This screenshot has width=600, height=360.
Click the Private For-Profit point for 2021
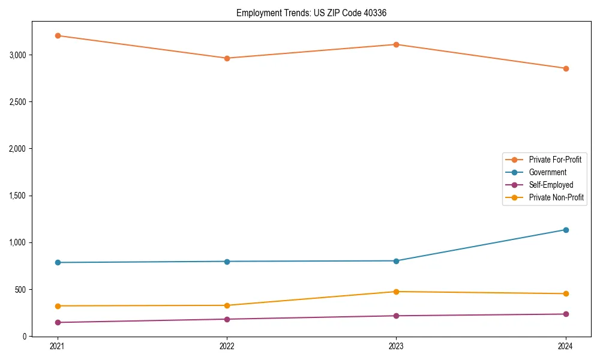point(58,35)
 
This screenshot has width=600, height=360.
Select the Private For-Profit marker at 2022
point(227,58)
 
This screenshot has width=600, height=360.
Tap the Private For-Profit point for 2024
point(566,68)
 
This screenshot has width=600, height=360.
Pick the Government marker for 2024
point(566,230)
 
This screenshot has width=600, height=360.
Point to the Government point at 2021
point(58,262)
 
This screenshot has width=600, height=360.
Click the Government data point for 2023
point(396,261)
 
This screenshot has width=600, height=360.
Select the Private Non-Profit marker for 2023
point(396,292)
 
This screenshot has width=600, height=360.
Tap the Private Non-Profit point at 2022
point(227,305)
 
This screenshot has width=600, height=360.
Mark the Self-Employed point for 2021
point(58,322)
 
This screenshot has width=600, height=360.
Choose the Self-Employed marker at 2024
point(566,314)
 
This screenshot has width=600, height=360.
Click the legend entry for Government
point(547,172)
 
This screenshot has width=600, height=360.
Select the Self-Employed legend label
point(551,185)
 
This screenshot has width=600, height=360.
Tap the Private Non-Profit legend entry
point(556,197)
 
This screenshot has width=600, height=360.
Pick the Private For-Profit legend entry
point(555,160)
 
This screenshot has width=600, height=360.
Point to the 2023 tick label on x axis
point(396,346)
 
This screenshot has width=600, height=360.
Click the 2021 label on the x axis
point(58,346)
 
